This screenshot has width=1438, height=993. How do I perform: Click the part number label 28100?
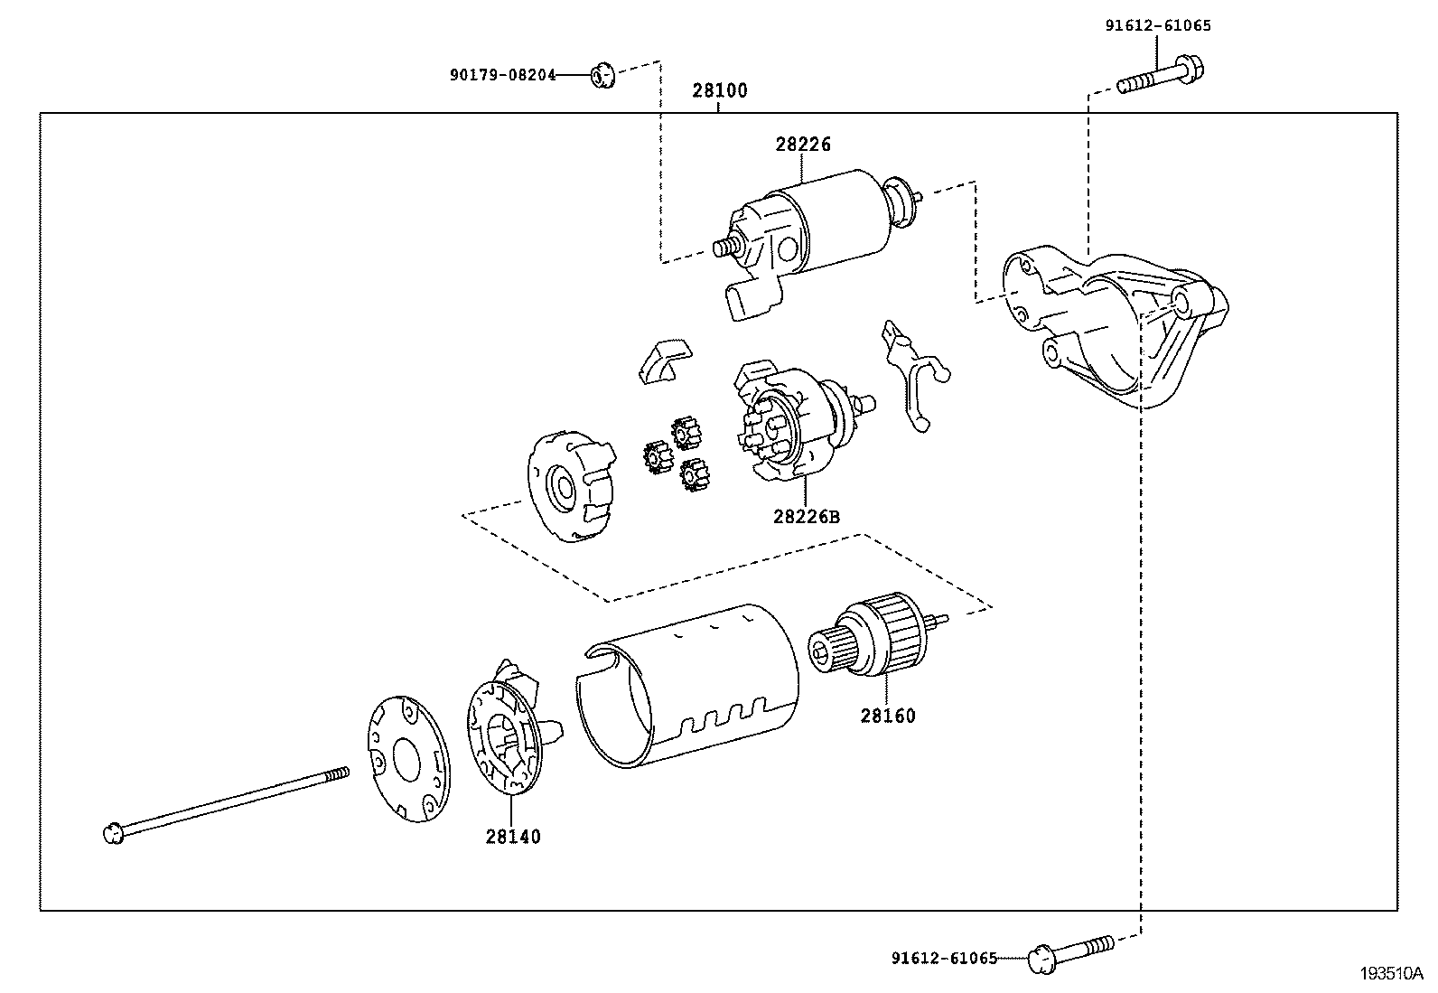pos(720,91)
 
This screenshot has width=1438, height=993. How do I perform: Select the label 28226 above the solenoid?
pos(802,144)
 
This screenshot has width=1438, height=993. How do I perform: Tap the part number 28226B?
pos(806,517)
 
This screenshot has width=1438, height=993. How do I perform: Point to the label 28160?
pos(887,716)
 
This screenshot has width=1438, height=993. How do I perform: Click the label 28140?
pos(513,837)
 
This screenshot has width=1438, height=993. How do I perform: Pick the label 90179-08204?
pos(503,76)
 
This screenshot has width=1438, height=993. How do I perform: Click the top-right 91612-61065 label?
pos(1158,26)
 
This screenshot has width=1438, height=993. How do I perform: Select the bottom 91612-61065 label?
pos(944,958)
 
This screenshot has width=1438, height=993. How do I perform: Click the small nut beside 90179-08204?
pos(602,75)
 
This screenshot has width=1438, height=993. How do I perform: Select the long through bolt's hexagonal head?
pos(112,833)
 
